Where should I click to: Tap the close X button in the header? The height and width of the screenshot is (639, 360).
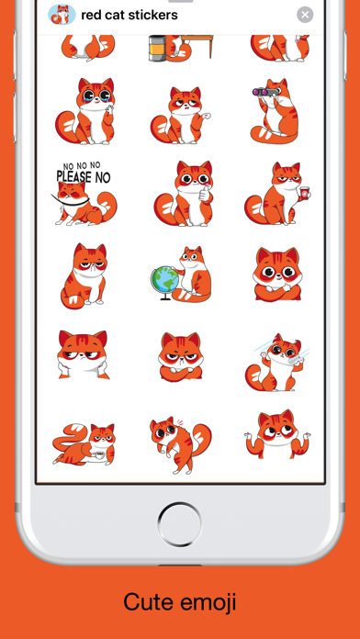point(305,15)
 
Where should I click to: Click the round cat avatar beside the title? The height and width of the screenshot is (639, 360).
point(62,15)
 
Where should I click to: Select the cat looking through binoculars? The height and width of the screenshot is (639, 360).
point(275,111)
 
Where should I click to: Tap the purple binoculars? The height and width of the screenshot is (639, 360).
point(264,92)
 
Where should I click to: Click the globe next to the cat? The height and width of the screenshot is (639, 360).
point(164,281)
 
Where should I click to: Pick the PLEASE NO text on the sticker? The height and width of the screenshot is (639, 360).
point(84,177)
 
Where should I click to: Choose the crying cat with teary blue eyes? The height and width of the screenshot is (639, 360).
point(86,111)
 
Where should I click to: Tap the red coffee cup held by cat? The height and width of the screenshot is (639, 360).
point(304,193)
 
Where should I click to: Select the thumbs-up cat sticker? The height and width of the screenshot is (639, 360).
point(184,194)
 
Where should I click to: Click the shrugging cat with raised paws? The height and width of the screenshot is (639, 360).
point(276,434)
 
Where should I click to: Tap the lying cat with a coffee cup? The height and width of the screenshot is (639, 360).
point(84,444)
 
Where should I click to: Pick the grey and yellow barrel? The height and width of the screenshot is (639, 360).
point(157,48)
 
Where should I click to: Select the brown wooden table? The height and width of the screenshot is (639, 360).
point(197,45)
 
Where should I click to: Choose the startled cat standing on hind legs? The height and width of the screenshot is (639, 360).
point(179,444)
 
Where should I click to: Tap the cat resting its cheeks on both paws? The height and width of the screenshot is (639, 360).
point(83,354)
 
